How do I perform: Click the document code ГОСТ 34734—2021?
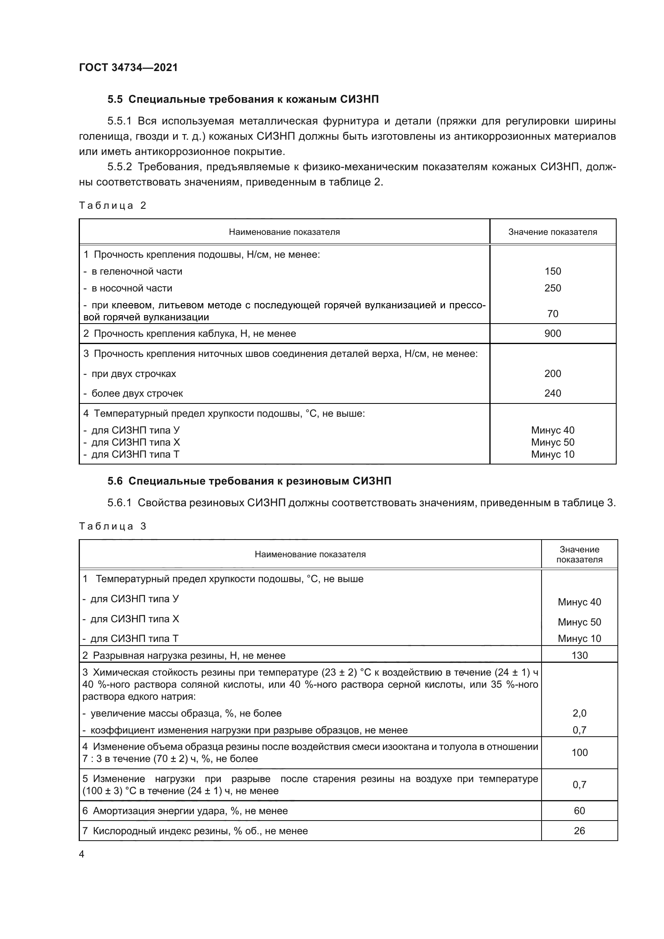(128, 67)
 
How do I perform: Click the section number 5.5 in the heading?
(115, 100)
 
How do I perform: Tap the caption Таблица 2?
(112, 205)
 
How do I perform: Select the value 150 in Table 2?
(552, 271)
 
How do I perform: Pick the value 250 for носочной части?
(552, 288)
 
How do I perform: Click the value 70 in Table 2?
(552, 314)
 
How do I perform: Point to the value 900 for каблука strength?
(552, 333)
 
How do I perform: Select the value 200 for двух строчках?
(552, 373)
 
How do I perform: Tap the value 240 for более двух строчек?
(552, 393)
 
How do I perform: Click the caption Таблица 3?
(112, 526)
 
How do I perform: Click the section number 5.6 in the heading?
(115, 481)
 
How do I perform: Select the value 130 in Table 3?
(579, 655)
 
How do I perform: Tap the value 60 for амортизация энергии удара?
(579, 811)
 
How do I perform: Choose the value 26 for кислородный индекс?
(579, 831)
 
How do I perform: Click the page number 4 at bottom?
(81, 854)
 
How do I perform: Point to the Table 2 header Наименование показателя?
(284, 232)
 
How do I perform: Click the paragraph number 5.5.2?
(120, 167)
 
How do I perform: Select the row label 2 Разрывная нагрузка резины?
(183, 656)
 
